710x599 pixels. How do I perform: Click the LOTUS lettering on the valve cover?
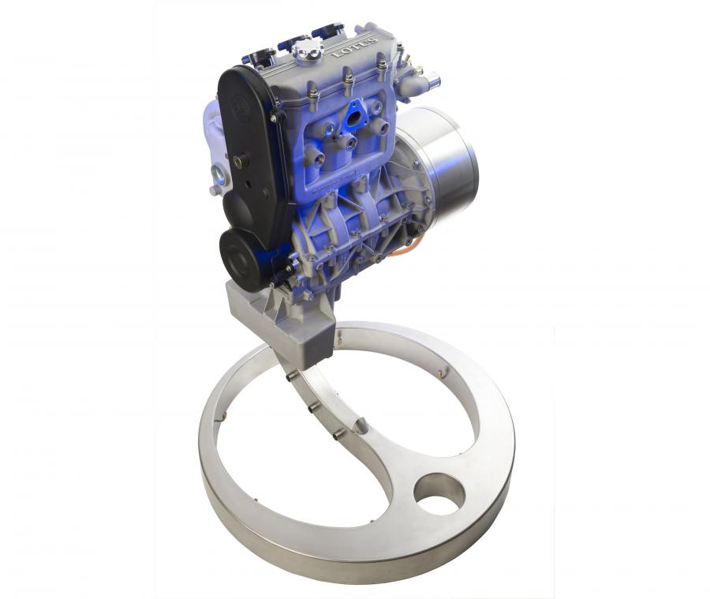[355, 47]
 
